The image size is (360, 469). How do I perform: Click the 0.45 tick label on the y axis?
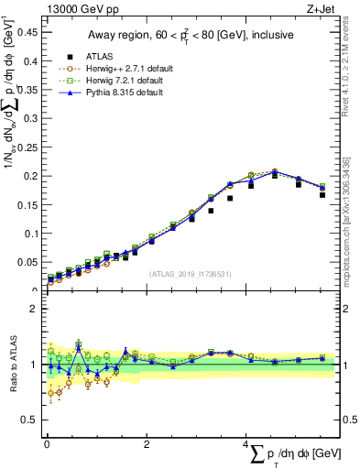(25, 31)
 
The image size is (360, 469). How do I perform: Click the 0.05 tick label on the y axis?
(25, 262)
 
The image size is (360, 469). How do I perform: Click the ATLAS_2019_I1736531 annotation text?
(191, 274)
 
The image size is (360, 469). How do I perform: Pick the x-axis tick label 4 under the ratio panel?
(245, 444)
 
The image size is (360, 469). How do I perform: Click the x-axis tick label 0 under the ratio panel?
(46, 444)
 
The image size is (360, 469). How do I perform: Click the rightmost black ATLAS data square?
(322, 195)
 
